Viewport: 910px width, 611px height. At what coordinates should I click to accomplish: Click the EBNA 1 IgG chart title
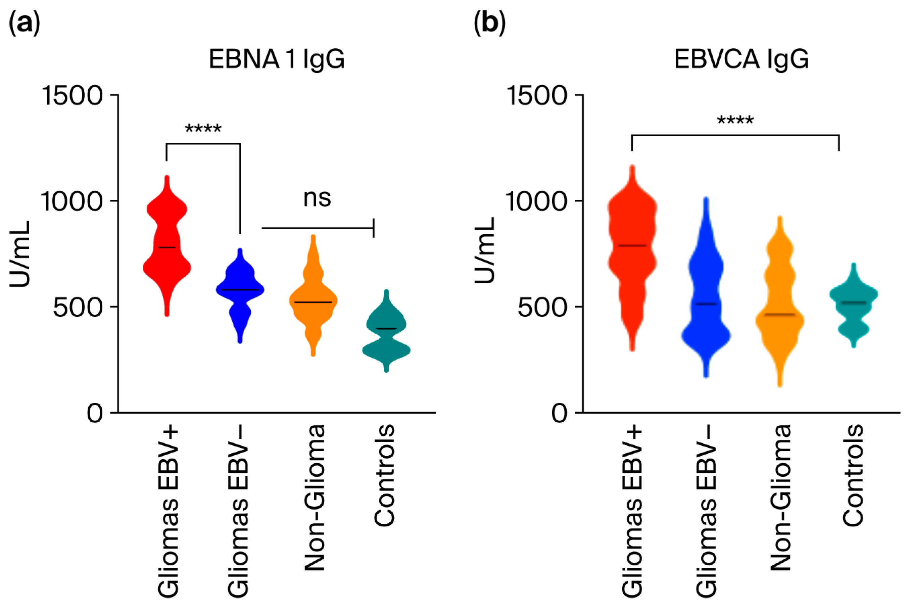click(277, 60)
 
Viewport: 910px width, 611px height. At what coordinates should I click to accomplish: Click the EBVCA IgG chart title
click(741, 60)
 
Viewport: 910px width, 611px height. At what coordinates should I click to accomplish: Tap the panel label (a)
click(25, 22)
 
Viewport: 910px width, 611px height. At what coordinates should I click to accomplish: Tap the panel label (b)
click(490, 22)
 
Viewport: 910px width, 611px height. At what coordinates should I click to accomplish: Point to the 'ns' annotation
click(317, 198)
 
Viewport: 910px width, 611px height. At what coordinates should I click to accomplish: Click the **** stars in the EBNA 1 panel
click(203, 128)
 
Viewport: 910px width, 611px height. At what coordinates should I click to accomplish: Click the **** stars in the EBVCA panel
click(735, 120)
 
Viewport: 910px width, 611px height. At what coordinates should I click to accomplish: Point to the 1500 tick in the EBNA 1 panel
click(72, 95)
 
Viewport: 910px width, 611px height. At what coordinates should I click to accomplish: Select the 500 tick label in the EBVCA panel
click(542, 308)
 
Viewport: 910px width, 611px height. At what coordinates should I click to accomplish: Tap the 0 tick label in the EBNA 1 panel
click(95, 413)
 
